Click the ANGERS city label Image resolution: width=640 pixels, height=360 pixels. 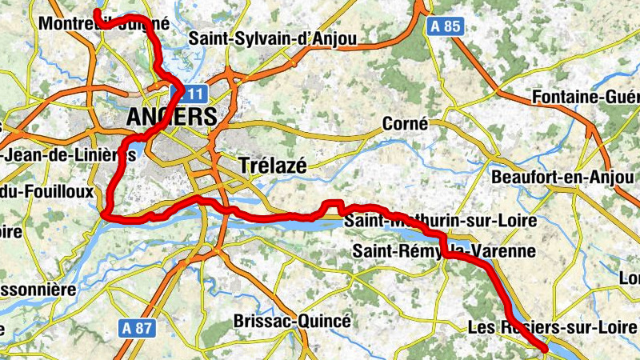tap(171, 116)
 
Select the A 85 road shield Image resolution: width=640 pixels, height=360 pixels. tap(446, 26)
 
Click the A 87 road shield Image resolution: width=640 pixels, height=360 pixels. tap(138, 327)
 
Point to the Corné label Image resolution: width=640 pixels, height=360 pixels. tap(405, 124)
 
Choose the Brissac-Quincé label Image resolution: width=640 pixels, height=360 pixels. tap(292, 321)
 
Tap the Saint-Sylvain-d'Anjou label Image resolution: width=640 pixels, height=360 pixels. tap(272, 38)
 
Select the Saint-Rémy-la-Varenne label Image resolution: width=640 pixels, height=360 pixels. tap(443, 252)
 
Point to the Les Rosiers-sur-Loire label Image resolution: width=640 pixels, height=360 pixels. tap(552, 327)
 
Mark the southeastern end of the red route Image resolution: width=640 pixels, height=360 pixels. tap(545, 350)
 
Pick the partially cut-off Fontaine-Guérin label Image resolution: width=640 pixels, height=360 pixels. tap(585, 98)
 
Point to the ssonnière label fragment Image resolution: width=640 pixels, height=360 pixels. tap(37, 288)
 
